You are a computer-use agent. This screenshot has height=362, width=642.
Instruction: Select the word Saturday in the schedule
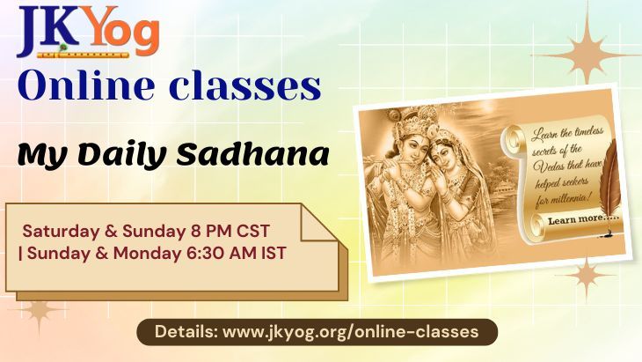57,231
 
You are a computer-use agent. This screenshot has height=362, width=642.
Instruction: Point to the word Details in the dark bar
186,332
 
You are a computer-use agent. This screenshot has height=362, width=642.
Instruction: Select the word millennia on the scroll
568,201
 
